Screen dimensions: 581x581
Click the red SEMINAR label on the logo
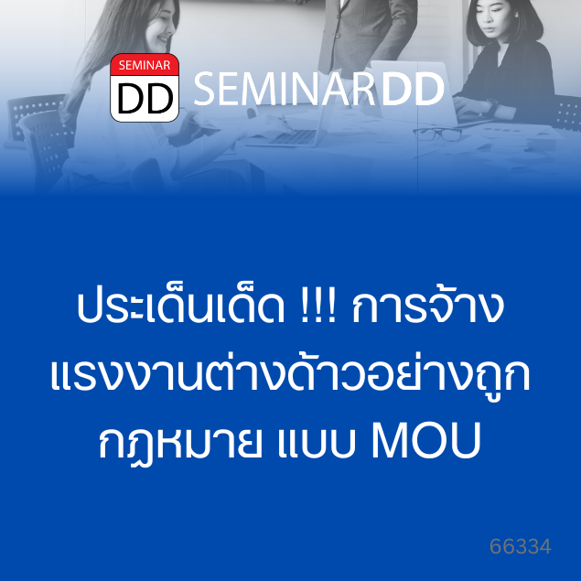pyautogui.click(x=145, y=65)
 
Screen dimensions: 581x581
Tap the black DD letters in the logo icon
pyautogui.click(x=145, y=99)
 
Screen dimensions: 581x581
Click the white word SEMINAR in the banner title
pyautogui.click(x=284, y=89)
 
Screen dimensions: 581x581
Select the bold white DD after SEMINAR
pyautogui.click(x=413, y=89)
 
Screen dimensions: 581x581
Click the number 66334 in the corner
pyautogui.click(x=521, y=546)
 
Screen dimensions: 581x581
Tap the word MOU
pyautogui.click(x=426, y=441)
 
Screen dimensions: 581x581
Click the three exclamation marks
pyautogui.click(x=316, y=307)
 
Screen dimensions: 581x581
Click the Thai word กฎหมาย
pyautogui.click(x=180, y=443)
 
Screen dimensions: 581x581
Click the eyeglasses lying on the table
pyautogui.click(x=437, y=134)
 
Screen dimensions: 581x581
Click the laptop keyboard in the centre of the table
pyautogui.click(x=294, y=137)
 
